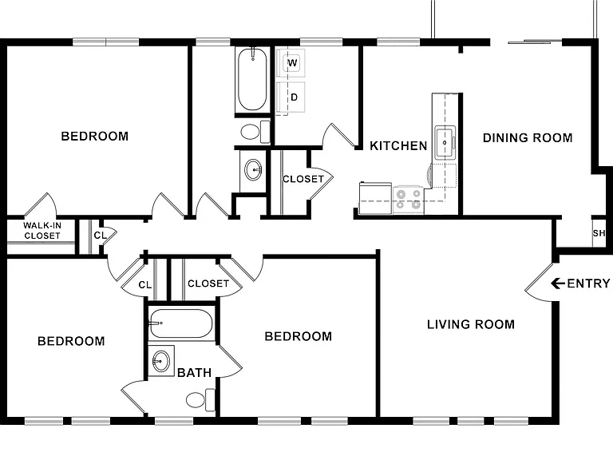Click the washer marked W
(291, 62)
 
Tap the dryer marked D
(291, 97)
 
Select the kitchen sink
(445, 142)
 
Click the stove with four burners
(409, 199)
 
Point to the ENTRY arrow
(558, 283)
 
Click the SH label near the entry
(599, 233)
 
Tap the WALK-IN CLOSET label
(42, 230)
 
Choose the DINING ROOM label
(528, 137)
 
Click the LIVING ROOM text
(471, 324)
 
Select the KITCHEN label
(398, 146)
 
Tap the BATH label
(194, 372)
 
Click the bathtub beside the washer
(252, 78)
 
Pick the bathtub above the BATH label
(181, 323)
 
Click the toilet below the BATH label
(200, 400)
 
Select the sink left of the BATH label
(161, 361)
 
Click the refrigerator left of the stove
(375, 198)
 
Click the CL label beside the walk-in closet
(100, 236)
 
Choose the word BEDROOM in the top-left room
(95, 136)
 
